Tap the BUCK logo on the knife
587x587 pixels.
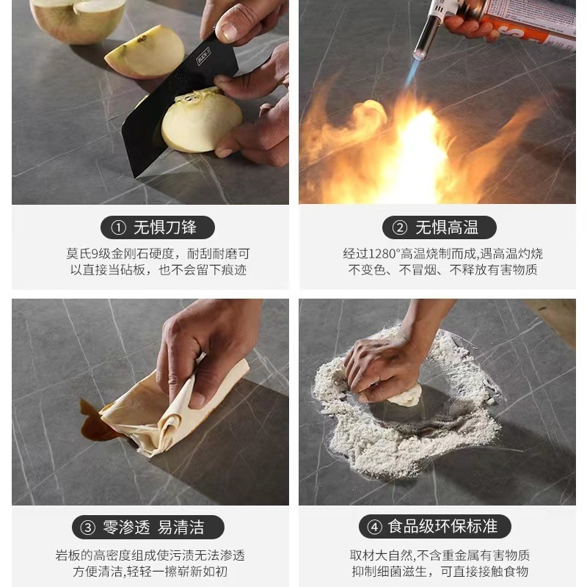[204, 56]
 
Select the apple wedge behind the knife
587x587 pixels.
[145, 51]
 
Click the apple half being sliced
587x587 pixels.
[201, 120]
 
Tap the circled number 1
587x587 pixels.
[118, 227]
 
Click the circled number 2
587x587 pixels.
[399, 227]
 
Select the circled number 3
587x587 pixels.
[87, 528]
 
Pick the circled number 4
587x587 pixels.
[374, 527]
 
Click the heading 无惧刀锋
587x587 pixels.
[165, 227]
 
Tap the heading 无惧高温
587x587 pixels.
[447, 227]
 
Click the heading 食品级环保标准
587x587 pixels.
[443, 527]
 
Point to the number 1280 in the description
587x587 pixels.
[382, 254]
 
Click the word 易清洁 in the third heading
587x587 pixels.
[181, 528]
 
